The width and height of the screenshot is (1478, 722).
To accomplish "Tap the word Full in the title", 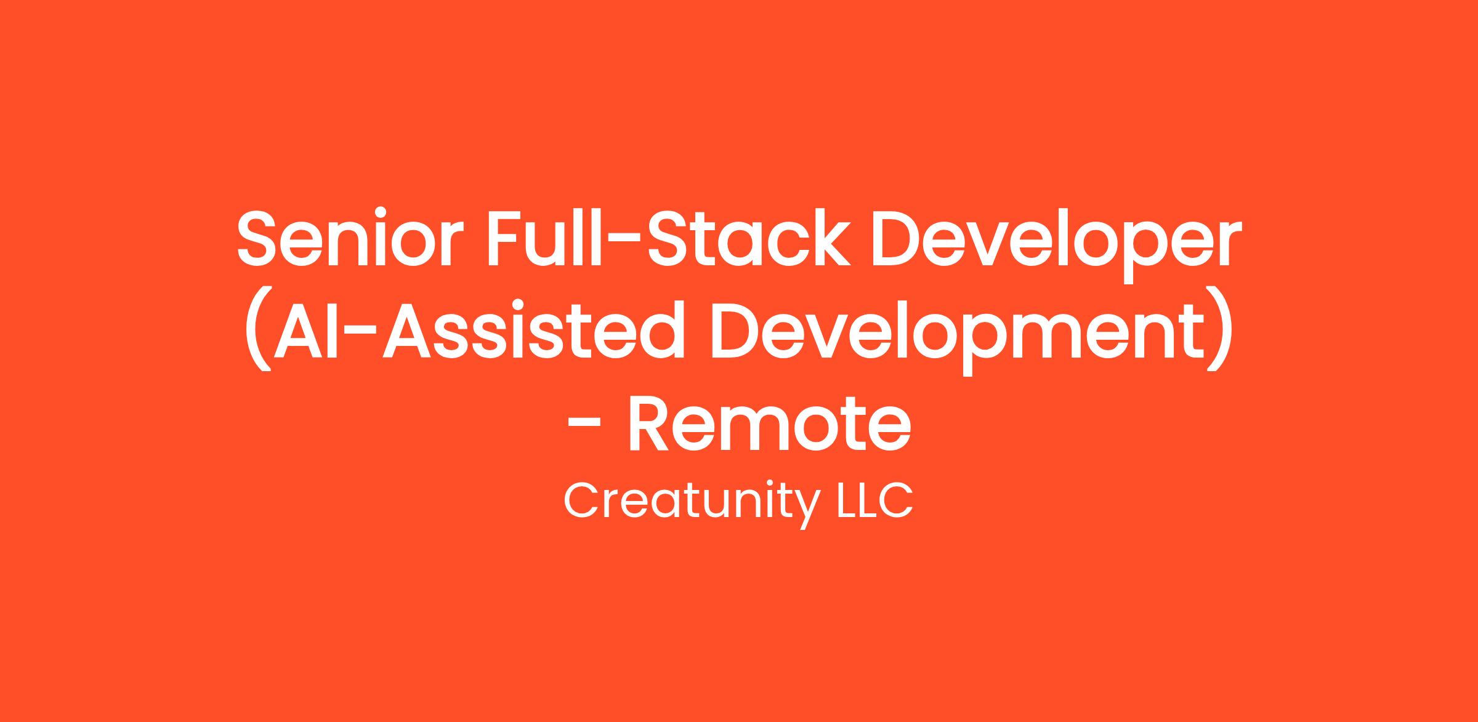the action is [544, 238].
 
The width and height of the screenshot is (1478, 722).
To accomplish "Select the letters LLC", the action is [873, 500].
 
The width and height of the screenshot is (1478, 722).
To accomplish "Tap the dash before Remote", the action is [584, 424].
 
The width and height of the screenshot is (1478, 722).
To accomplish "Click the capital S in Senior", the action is [260, 239].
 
